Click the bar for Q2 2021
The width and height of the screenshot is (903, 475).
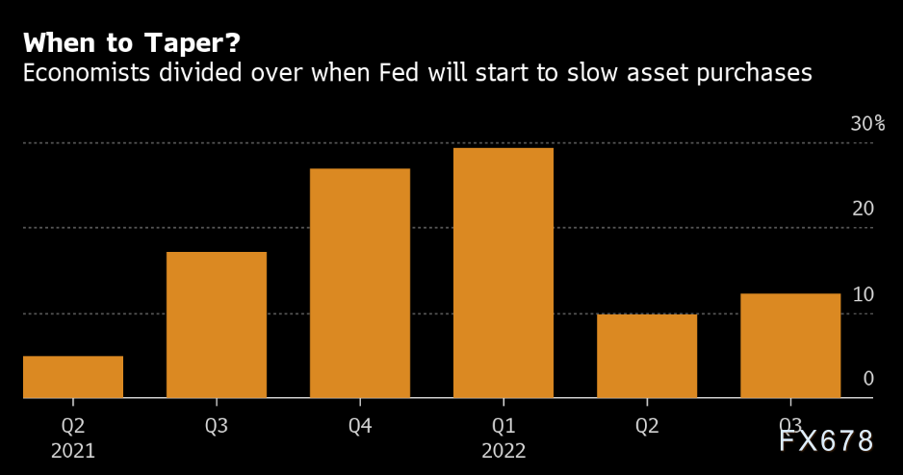(73, 377)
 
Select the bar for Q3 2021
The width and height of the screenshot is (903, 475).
(217, 325)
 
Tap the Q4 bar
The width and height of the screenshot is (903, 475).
(360, 284)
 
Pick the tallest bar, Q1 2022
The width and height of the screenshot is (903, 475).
(503, 273)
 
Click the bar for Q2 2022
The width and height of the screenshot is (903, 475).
(647, 356)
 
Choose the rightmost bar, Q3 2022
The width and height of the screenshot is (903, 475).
(790, 345)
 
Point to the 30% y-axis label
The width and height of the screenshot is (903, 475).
(866, 124)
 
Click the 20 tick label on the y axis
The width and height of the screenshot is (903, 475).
(863, 209)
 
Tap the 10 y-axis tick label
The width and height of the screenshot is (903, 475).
(863, 293)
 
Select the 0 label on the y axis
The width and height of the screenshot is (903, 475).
(868, 378)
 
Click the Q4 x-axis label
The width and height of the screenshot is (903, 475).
(360, 425)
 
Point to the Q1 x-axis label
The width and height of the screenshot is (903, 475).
(503, 425)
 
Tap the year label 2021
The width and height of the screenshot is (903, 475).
(73, 449)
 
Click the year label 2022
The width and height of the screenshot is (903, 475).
(503, 449)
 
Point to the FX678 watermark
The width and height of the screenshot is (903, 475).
(825, 440)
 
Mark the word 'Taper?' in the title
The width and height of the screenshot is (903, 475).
(198, 43)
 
